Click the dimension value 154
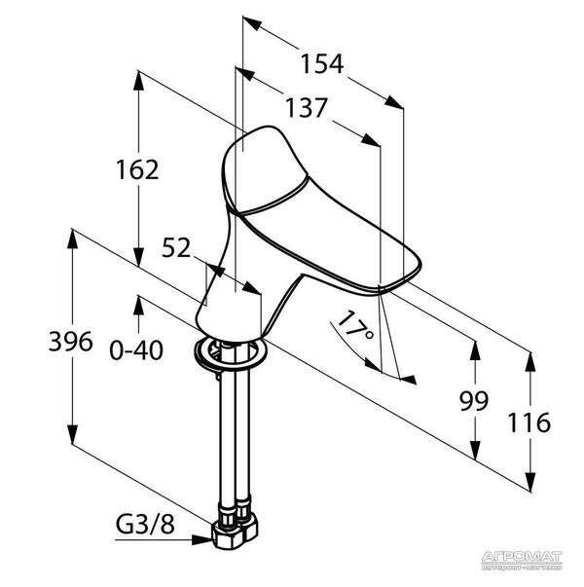[323, 64]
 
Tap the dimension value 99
[474, 400]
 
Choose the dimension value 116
[530, 422]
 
